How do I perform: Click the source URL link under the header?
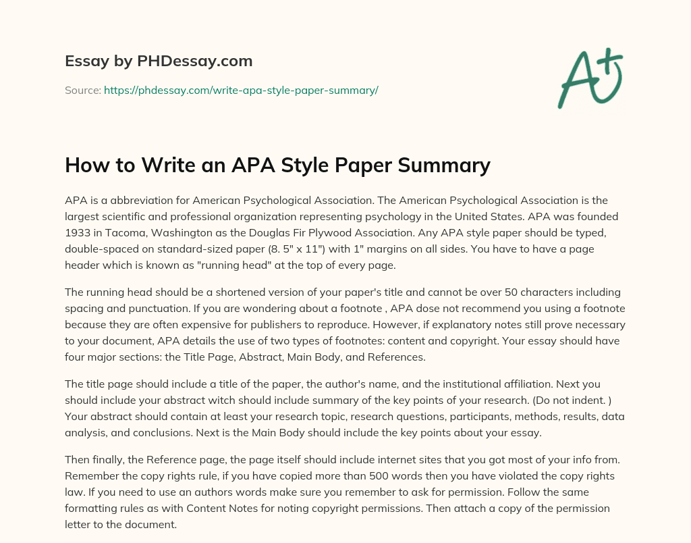(x=241, y=90)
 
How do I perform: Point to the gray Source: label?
(x=83, y=90)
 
